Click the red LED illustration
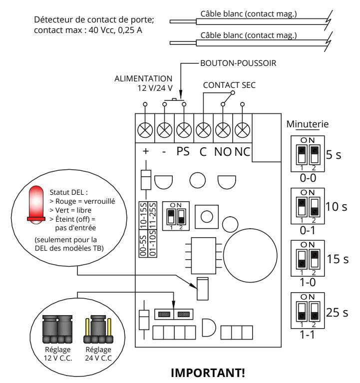pos(36,205)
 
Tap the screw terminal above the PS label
pos(184,130)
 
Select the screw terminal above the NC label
pos(242,130)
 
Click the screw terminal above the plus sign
pos(145,130)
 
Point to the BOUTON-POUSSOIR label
pos(238,63)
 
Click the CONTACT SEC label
pos(229,85)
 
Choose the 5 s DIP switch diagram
pos(308,154)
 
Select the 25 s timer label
pos(337,313)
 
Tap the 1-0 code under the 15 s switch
pos(308,282)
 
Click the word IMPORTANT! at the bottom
pos(208,373)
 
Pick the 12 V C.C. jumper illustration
pos(57,329)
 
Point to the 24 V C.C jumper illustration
pos(98,329)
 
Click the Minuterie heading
pos(308,124)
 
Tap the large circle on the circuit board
pos(250,256)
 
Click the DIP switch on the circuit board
pos(176,216)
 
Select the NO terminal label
pos(223,152)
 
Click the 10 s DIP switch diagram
pos(308,206)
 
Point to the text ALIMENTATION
pos(143,79)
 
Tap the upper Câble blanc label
pos(249,14)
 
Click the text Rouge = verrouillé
pos(82,201)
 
